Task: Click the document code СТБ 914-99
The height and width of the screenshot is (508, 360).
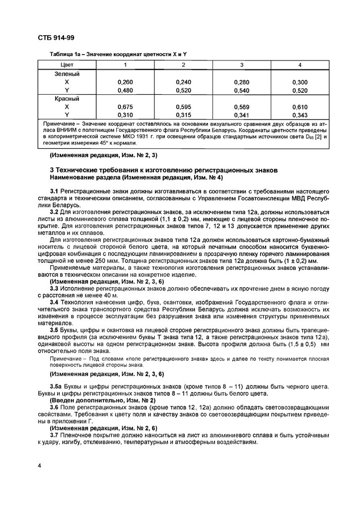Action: [56, 38]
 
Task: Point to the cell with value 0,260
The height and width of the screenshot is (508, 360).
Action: [125, 82]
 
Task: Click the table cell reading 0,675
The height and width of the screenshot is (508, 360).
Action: [125, 107]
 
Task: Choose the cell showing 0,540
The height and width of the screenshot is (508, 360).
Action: [242, 91]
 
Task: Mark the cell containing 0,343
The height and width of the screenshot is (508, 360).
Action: [300, 116]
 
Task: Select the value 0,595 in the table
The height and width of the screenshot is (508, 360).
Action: [184, 107]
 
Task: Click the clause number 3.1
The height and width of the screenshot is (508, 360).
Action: [55, 191]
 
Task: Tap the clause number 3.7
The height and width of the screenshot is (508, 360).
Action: [55, 434]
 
